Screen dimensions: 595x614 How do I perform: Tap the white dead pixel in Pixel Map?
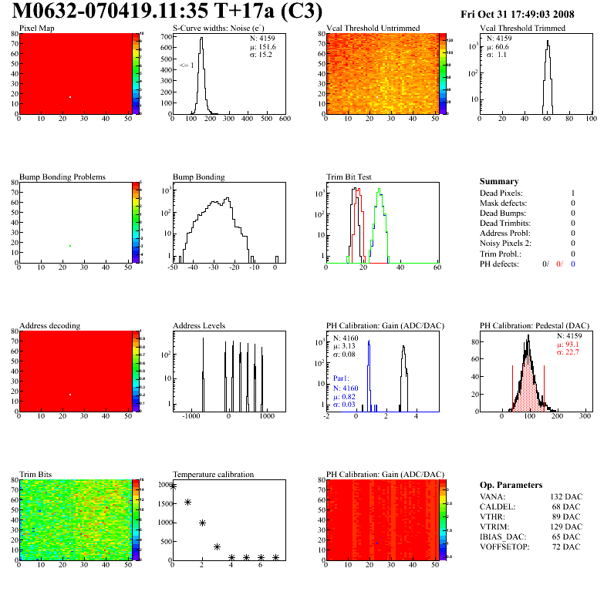coord(70,97)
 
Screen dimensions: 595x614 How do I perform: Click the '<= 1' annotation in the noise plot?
coord(186,66)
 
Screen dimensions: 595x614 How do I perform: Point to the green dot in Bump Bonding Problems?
coord(70,246)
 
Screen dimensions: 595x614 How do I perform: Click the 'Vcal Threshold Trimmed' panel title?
coord(522,29)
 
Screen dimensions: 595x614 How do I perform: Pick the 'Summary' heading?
coord(499,181)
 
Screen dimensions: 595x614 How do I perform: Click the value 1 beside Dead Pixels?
coord(573,193)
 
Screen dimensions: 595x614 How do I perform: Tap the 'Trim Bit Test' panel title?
coord(349,176)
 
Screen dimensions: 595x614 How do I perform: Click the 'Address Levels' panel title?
coord(200,325)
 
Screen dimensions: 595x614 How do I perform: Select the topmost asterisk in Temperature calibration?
coord(173,486)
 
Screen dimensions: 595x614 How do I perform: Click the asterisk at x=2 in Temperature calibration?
coord(202,523)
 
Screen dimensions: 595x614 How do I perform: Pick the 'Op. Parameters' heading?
coord(511,485)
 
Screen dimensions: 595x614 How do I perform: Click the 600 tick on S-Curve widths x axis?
coord(285,119)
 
